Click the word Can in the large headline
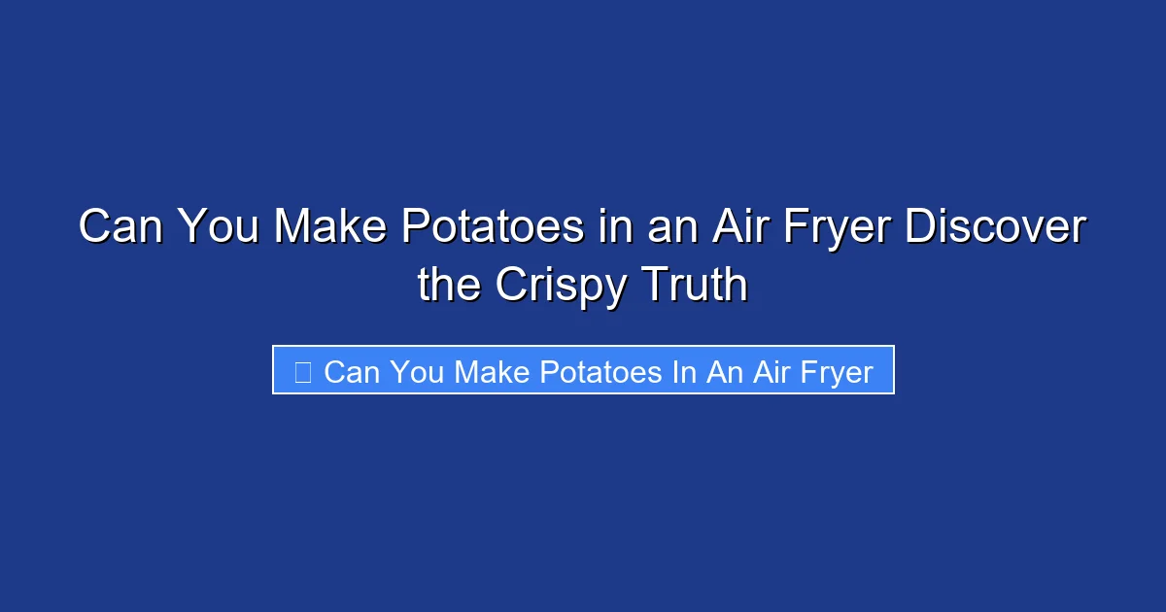point(121,227)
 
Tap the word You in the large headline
point(221,227)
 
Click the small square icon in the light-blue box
point(302,371)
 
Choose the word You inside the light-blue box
point(418,371)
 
